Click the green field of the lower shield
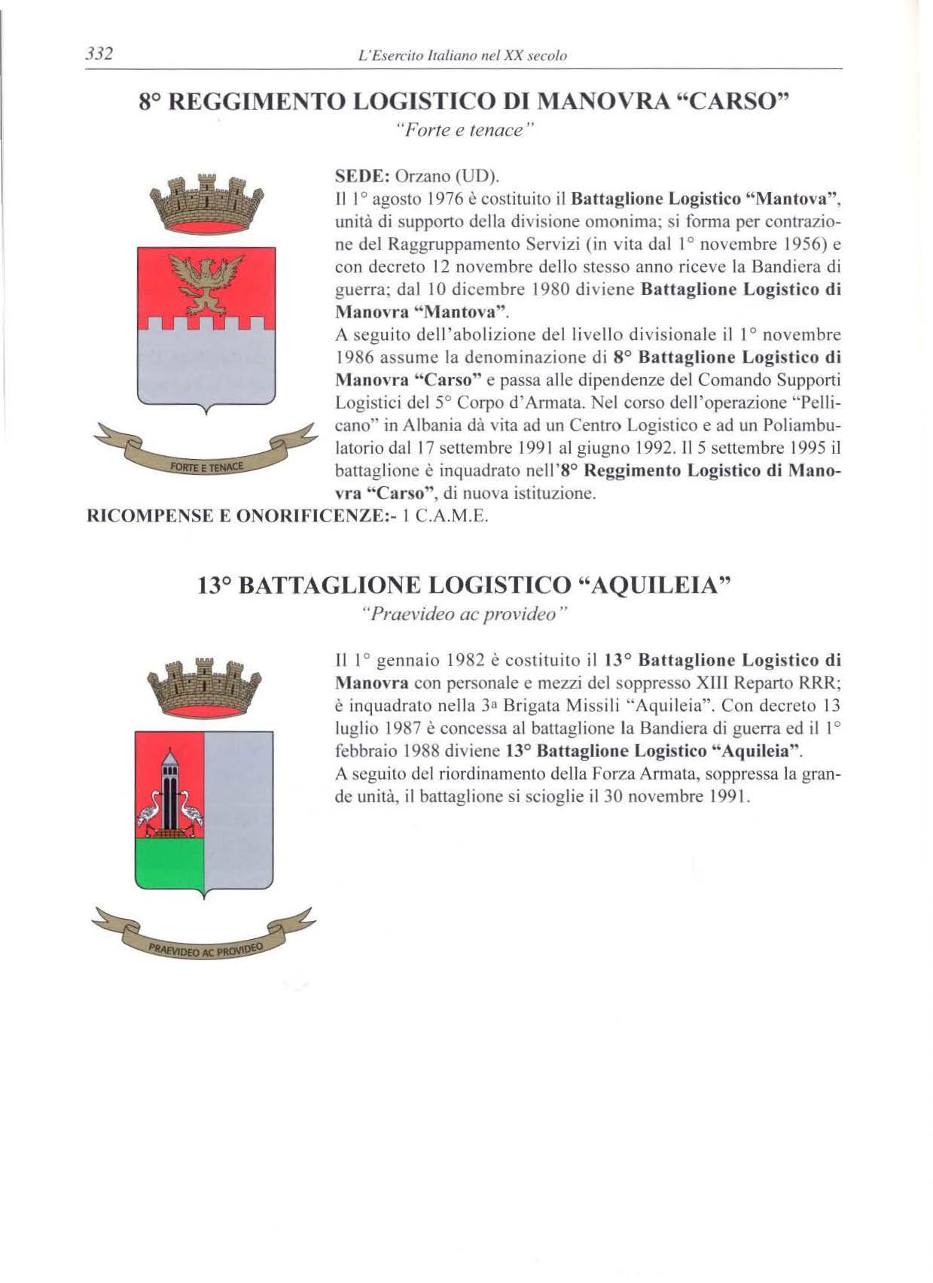[x=169, y=864]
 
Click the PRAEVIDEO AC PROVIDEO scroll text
[x=204, y=947]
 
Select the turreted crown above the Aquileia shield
[x=205, y=689]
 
